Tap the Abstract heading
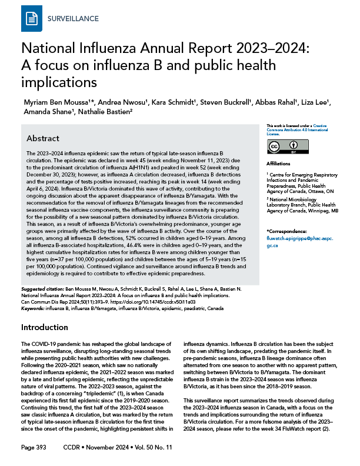pyautogui.click(x=43, y=138)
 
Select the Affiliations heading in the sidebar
pyautogui.click(x=279, y=164)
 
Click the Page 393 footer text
pyautogui.click(x=34, y=448)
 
